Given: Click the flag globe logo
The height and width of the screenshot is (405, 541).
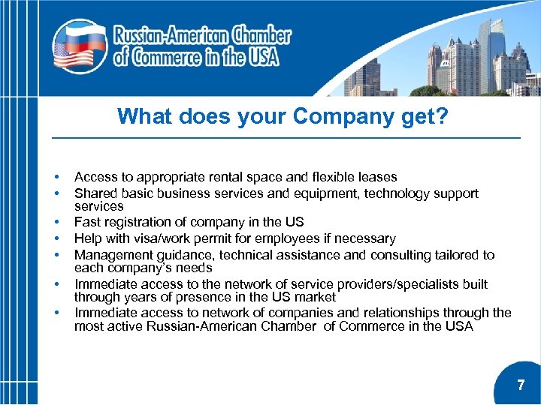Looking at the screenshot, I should coord(78,46).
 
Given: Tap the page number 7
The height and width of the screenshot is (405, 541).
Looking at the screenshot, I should coord(521,385).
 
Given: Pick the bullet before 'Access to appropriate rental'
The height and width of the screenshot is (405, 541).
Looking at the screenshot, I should coord(56,178).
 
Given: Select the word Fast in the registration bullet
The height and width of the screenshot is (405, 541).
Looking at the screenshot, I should coord(87,222).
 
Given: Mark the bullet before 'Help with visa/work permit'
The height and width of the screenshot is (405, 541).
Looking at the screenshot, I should coord(56,239).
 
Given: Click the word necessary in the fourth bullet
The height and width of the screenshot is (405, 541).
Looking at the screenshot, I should coord(366,238).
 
